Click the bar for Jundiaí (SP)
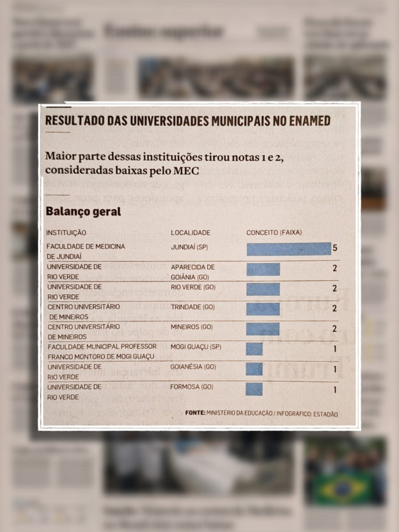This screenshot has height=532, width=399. click(x=288, y=249)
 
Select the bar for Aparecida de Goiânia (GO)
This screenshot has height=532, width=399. click(x=263, y=269)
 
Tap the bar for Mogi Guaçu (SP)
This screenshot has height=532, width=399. click(x=254, y=349)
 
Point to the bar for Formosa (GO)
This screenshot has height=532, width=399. click(x=254, y=389)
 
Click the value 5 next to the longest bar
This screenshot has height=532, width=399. click(x=335, y=248)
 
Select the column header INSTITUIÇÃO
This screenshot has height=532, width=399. click(x=66, y=233)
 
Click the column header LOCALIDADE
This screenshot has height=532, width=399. click(x=191, y=233)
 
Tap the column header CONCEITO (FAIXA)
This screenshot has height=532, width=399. click(x=274, y=233)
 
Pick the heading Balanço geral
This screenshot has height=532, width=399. click(x=83, y=212)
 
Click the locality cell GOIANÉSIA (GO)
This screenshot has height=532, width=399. click(x=193, y=367)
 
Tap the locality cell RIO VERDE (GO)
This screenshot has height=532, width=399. click(x=193, y=287)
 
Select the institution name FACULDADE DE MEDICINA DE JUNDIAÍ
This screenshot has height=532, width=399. click(x=86, y=251)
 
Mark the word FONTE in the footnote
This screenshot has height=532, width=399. click(x=195, y=413)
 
